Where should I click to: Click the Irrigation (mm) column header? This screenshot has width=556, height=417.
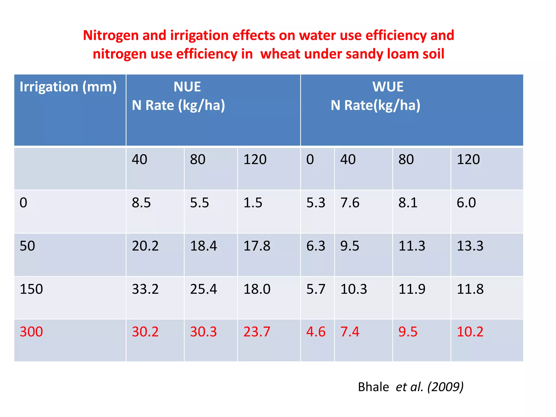click(68, 87)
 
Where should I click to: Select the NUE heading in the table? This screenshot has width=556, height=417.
click(187, 87)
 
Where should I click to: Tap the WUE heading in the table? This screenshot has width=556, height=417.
click(388, 87)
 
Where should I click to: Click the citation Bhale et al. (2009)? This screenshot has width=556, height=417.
click(410, 387)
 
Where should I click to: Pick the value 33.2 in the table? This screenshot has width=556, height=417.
click(145, 289)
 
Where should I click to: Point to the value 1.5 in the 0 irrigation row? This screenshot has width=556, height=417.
click(252, 203)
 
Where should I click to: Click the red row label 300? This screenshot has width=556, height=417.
click(31, 332)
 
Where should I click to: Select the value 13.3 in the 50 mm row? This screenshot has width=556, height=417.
click(470, 246)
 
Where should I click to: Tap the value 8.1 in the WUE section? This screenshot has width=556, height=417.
click(408, 203)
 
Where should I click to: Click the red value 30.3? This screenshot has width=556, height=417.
click(203, 332)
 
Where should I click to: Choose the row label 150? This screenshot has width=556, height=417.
click(31, 289)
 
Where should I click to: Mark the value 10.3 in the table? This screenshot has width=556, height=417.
click(353, 289)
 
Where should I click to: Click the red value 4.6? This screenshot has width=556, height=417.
click(316, 332)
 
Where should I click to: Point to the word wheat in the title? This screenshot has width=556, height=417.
click(280, 54)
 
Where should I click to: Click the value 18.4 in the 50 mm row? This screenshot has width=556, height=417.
click(203, 246)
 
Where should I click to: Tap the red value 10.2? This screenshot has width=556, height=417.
click(470, 332)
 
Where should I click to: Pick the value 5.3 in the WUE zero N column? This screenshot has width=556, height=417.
click(316, 203)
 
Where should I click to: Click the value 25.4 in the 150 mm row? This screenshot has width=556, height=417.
click(203, 289)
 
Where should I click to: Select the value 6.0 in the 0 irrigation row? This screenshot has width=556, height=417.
click(466, 203)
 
